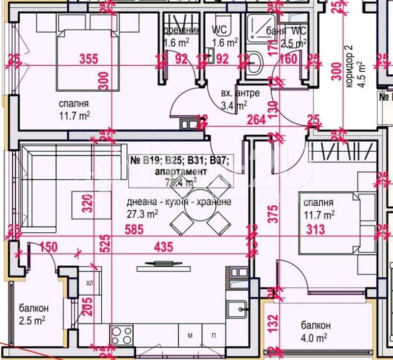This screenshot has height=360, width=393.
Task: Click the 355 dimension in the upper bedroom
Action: tap(89, 59)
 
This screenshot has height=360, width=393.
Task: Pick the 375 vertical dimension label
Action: tap(273, 214)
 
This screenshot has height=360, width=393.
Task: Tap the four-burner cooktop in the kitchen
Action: tap(121, 335)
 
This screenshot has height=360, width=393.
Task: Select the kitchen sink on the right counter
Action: tap(241, 309)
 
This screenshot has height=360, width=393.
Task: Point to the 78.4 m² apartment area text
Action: tap(175, 181)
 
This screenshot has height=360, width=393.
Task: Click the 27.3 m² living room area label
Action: tap(142, 214)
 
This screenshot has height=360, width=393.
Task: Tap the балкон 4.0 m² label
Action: tap(314, 332)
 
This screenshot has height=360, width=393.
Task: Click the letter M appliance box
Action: tap(190, 336)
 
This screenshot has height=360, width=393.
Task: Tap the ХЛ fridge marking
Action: tap(89, 283)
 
